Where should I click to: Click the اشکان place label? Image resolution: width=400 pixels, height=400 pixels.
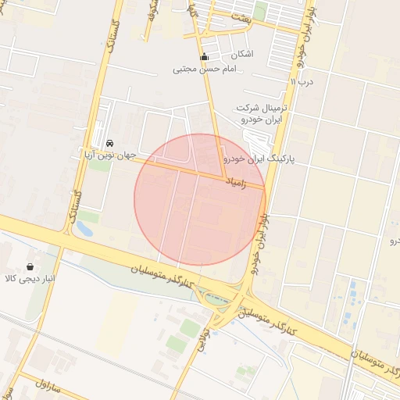click(242, 55)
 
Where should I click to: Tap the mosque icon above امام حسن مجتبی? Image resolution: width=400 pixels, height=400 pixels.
click(205, 57)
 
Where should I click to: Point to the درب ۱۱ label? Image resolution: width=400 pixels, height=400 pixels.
click(302, 80)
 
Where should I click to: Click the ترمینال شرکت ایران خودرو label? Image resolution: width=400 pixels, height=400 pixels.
click(261, 113)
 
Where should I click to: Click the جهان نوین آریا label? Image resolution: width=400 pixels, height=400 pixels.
click(110, 155)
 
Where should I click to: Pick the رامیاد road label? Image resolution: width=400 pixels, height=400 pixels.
click(235, 182)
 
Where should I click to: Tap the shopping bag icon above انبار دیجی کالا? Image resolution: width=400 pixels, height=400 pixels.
click(30, 267)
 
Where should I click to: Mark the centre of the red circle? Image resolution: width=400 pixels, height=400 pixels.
click(200, 199)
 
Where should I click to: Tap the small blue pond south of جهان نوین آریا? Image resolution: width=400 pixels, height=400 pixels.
click(84, 229)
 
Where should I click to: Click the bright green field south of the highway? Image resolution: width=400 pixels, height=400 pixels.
click(177, 344)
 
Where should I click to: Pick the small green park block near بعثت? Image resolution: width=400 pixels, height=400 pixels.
click(260, 11)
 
